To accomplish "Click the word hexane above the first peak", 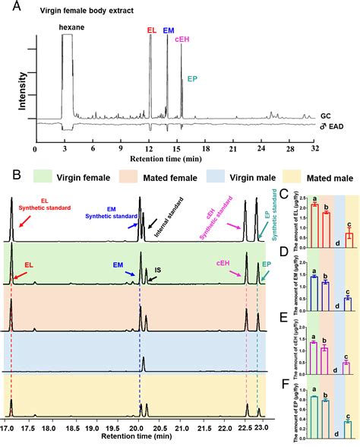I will [72, 27].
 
